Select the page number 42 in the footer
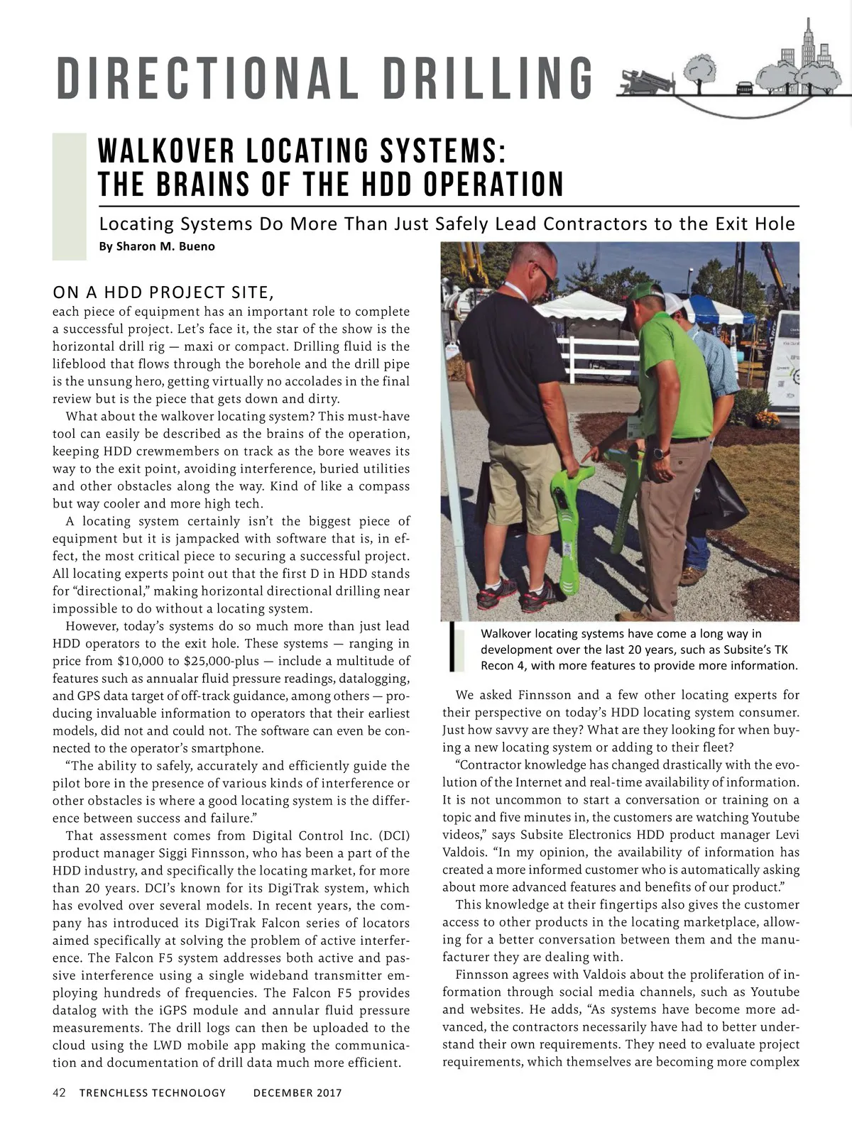point(60,1092)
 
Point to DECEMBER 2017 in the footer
point(297,1092)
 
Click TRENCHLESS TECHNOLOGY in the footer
point(153,1092)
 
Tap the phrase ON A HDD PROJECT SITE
point(163,292)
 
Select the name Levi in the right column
point(787,834)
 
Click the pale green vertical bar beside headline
point(69,196)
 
